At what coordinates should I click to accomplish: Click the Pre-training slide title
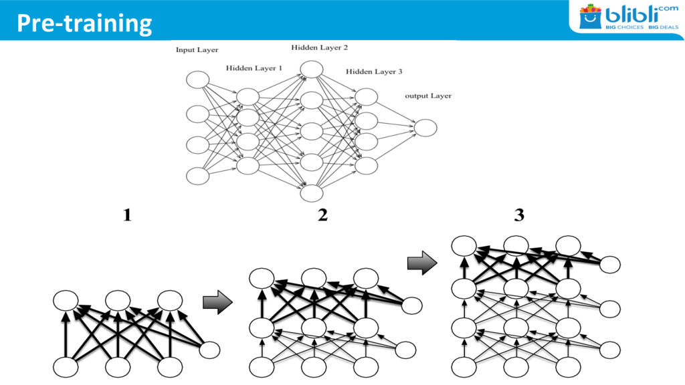click(84, 23)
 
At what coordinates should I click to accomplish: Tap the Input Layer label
click(197, 50)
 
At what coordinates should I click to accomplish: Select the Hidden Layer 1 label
click(254, 68)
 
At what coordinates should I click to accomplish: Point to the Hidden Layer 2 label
click(319, 47)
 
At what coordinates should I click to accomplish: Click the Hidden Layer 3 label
click(374, 72)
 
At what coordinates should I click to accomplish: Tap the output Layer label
click(428, 96)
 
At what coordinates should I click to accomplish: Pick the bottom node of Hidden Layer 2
click(311, 192)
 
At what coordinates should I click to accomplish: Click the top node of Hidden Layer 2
click(311, 69)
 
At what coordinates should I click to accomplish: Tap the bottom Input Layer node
click(197, 176)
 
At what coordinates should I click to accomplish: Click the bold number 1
click(126, 216)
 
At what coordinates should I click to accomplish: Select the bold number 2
click(322, 216)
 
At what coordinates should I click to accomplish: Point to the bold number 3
click(519, 216)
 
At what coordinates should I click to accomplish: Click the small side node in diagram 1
click(209, 350)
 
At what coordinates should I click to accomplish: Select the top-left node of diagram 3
click(464, 246)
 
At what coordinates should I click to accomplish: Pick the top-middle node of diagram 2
click(314, 278)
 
